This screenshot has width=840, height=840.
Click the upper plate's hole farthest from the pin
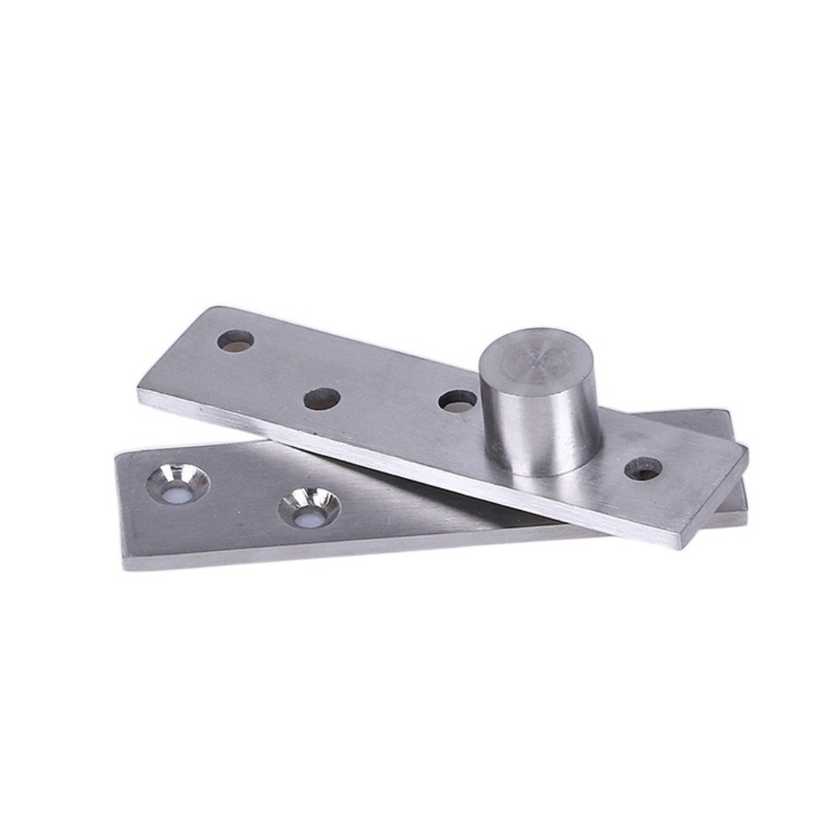click(x=235, y=340)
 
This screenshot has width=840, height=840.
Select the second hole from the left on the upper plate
click(x=322, y=398)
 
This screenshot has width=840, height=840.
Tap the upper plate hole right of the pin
click(x=643, y=469)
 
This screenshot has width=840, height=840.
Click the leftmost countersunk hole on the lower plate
click(x=178, y=484)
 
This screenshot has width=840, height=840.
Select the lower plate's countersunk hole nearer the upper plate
click(x=310, y=509)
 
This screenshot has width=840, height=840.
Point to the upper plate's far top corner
click(x=210, y=308)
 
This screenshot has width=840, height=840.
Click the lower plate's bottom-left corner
click(x=126, y=564)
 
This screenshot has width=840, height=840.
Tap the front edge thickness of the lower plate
click(x=336, y=554)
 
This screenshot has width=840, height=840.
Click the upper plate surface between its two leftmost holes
click(x=277, y=370)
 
